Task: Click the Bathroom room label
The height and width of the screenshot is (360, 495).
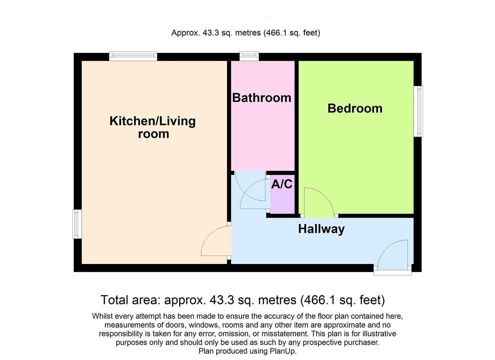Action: (262, 98)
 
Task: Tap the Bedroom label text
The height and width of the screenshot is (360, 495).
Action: (355, 108)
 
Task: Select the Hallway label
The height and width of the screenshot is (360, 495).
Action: (321, 229)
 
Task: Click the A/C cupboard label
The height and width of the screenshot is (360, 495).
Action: (282, 184)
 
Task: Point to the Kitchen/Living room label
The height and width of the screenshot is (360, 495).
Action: (153, 127)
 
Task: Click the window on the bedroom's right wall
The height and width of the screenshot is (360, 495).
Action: (418, 111)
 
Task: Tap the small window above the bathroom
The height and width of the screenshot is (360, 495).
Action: (249, 56)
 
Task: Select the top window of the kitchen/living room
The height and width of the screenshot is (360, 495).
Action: (133, 56)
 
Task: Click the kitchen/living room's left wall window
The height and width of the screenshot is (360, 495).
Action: (77, 224)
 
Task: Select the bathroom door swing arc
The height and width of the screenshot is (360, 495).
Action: (248, 187)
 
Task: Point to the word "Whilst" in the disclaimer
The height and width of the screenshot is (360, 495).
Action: (103, 316)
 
